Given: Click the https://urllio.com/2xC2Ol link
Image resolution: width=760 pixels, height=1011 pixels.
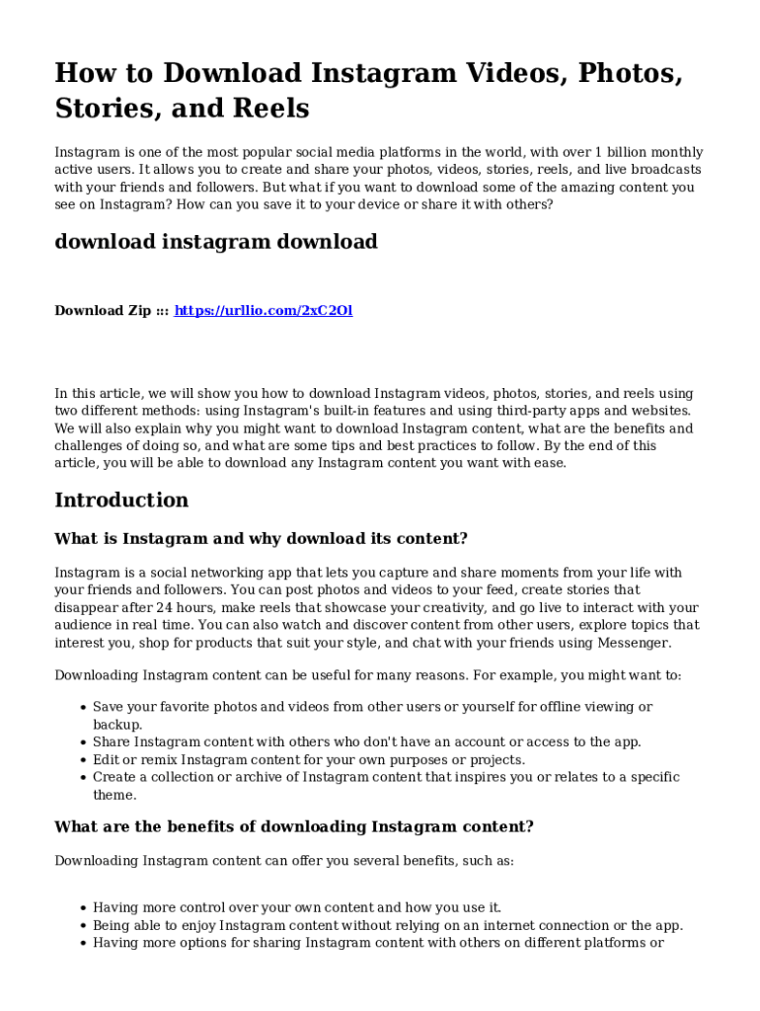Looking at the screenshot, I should [x=264, y=311].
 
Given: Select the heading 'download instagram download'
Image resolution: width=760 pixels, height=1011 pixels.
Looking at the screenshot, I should [x=215, y=242].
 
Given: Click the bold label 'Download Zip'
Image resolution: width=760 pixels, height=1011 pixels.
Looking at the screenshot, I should [x=103, y=311].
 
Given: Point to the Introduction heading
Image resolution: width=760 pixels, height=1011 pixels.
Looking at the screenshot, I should [x=121, y=501].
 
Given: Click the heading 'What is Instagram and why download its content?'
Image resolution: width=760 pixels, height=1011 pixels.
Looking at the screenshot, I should [x=261, y=539].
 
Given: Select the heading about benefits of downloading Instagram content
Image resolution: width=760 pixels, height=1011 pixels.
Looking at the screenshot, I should [x=294, y=827].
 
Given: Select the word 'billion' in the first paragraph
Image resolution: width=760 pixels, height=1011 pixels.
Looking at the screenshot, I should [x=629, y=153].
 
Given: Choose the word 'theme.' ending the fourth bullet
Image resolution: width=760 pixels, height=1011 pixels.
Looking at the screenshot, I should [x=114, y=795].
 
